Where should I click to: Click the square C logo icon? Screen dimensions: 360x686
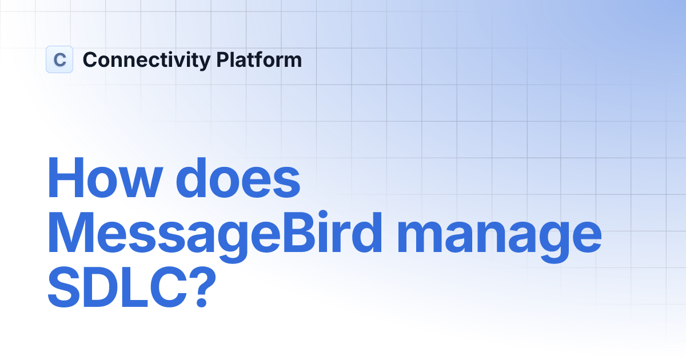[59, 59]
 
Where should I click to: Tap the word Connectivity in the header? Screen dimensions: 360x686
[147, 60]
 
